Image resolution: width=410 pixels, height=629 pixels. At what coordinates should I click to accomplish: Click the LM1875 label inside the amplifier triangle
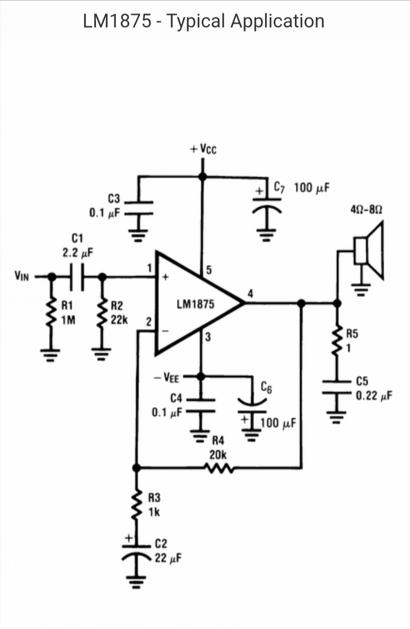pos(195,305)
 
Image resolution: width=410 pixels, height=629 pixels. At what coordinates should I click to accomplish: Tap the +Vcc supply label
pos(203,149)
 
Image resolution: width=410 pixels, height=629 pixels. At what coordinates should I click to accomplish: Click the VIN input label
pos(21,276)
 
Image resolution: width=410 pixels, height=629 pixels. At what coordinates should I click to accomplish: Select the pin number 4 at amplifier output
pos(250,294)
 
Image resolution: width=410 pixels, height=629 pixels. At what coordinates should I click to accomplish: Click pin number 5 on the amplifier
pos(208,270)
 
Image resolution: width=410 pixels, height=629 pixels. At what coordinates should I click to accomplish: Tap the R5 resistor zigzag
pos(337,340)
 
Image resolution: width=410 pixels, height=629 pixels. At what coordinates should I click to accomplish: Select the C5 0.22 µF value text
pos(374,396)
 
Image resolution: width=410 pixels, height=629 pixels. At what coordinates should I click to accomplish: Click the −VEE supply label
pos(167,378)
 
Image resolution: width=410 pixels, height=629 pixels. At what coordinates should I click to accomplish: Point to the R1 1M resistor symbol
pos(50,313)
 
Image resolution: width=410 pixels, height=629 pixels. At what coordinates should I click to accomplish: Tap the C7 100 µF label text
pos(302,188)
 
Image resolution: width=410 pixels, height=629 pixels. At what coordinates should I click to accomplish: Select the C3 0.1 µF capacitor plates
pos(139,207)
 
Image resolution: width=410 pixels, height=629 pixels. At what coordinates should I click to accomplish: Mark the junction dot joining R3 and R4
pos(135,467)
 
